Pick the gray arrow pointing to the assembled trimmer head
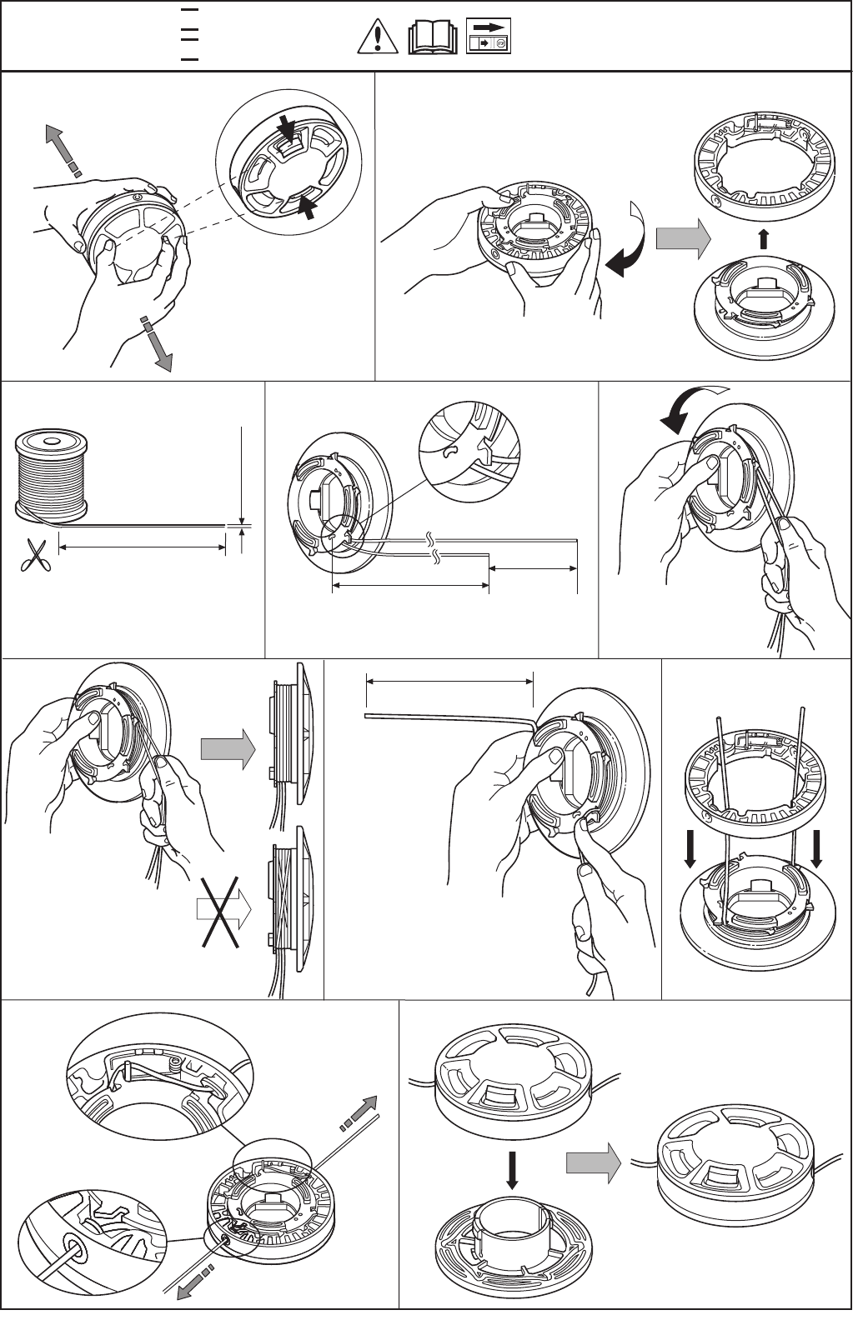pos(593,1162)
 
